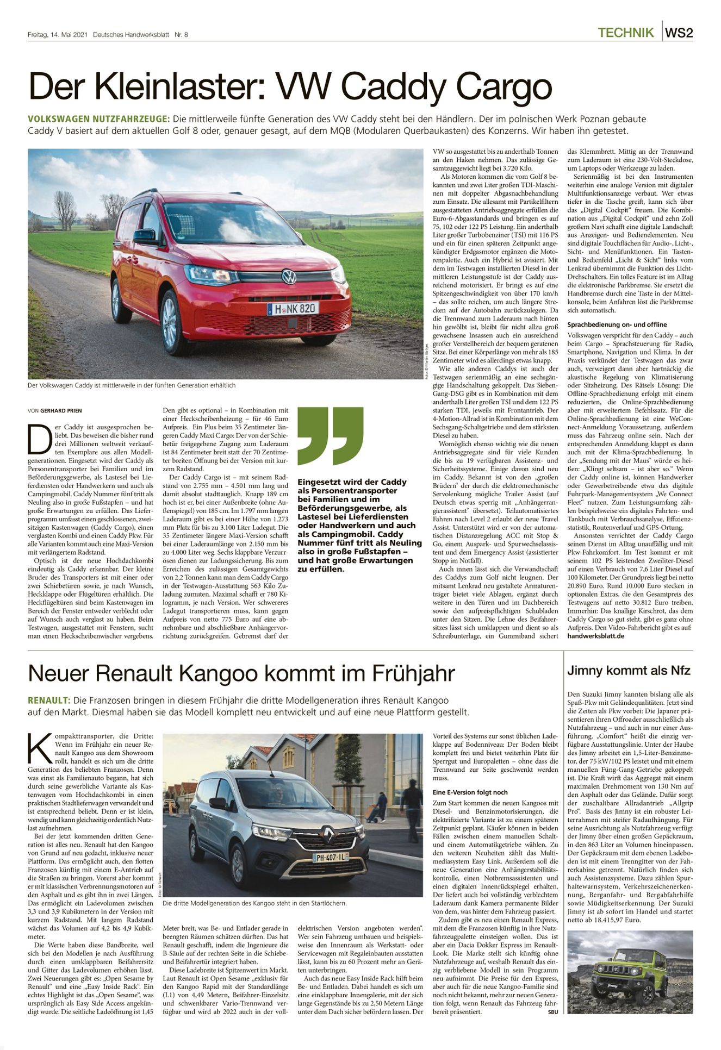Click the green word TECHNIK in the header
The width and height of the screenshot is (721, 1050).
coord(625,33)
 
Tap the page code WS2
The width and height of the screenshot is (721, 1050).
coord(679,33)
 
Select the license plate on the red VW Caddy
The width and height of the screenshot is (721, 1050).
coord(293,309)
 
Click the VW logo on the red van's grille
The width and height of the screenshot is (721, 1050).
coord(288,277)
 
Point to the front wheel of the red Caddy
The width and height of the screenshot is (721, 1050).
coord(172,323)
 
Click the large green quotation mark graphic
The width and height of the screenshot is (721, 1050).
coord(330,436)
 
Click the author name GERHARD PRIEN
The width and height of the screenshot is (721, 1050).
coord(61,410)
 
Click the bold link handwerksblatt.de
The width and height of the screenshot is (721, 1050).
coord(595,636)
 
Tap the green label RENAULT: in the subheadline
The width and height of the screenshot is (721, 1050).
coord(48,701)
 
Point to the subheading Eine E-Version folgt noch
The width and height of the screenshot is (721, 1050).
coord(470,792)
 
